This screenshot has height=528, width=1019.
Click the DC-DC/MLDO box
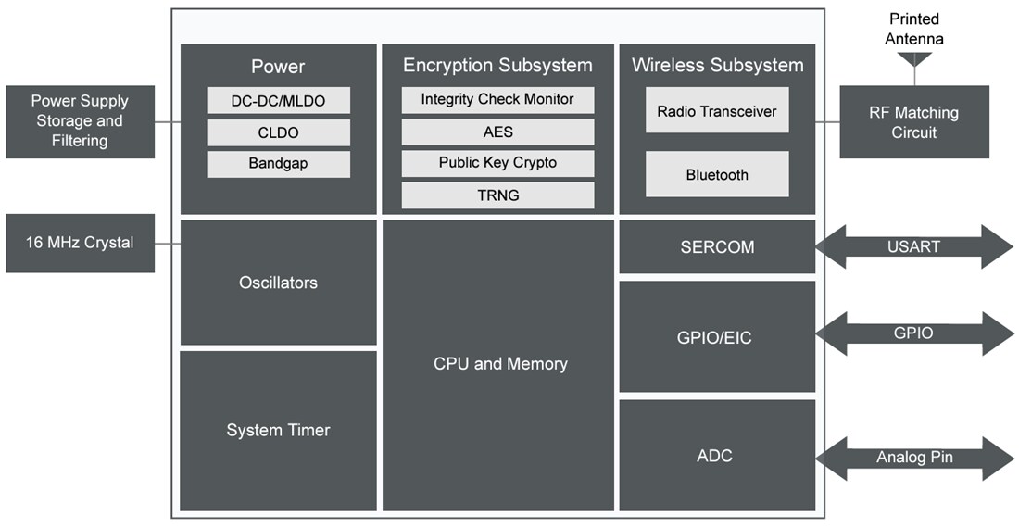point(278,100)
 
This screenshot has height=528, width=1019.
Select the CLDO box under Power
point(278,132)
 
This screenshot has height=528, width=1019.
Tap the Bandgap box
point(278,164)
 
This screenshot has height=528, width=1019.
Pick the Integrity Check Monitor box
point(497,100)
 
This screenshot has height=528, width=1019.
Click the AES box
point(497,132)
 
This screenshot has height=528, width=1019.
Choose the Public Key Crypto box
point(497,163)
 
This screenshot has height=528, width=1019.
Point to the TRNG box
point(497,195)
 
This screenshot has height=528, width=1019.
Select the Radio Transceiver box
point(717,111)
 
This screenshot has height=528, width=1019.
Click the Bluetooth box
point(717,174)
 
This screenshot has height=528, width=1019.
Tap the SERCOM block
point(717,247)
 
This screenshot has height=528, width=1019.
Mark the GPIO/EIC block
point(717,337)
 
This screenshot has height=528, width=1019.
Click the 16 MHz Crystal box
point(80,244)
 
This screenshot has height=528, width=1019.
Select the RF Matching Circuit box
point(913,122)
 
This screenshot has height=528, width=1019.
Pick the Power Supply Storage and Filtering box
point(80,121)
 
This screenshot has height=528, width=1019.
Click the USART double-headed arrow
point(913,247)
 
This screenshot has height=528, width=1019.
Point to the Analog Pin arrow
point(913,458)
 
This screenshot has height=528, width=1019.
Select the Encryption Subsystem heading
point(497,66)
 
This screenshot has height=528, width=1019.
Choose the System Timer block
point(278,430)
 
